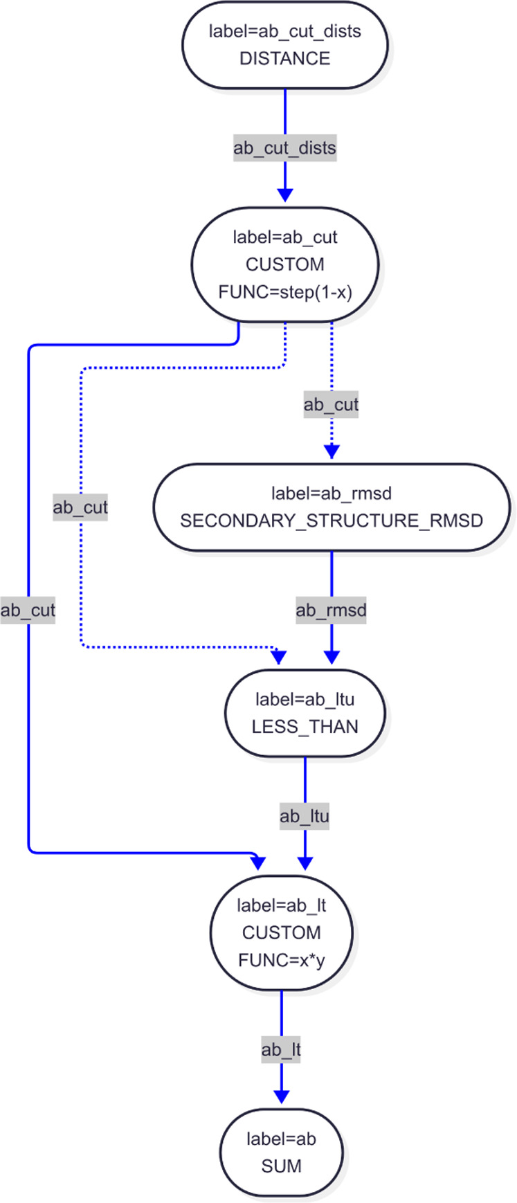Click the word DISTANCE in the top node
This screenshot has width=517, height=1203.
(284, 59)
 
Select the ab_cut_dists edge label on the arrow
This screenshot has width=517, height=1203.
(284, 148)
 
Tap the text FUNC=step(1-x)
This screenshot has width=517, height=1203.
(284, 292)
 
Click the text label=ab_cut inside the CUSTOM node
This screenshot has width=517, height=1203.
(284, 237)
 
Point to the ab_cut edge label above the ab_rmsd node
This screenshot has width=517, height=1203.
(332, 405)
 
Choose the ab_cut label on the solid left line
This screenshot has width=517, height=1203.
(28, 610)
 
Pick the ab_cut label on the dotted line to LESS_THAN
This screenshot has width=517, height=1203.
(81, 507)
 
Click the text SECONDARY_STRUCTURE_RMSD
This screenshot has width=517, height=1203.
(332, 521)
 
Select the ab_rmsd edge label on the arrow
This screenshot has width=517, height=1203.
(332, 610)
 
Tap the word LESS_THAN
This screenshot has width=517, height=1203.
(305, 727)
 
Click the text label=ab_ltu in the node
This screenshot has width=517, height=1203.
(305, 700)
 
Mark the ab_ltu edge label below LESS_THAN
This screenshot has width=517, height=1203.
(305, 816)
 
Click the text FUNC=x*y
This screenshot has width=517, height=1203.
(282, 960)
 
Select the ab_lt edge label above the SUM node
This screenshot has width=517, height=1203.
(282, 1050)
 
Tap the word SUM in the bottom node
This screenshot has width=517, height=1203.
(282, 1166)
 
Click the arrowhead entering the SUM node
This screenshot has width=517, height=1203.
(282, 1097)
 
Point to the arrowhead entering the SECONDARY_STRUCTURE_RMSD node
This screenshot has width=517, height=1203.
(332, 451)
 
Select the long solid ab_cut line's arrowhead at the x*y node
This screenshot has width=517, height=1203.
(259, 862)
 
